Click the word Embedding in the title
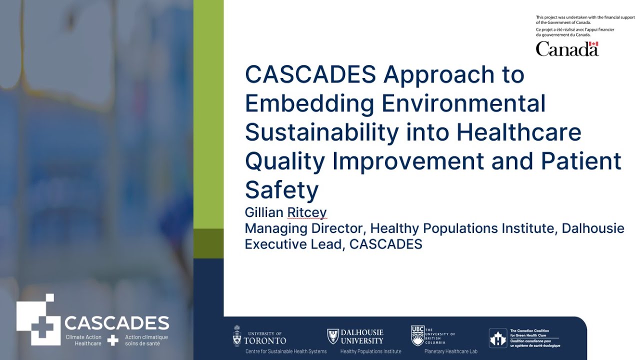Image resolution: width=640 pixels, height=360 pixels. (309, 104)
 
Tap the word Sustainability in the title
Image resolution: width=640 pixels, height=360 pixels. (321, 132)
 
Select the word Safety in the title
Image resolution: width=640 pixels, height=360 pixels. (281, 190)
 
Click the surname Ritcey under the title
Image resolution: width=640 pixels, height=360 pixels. (307, 212)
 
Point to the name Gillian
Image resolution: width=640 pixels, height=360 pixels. (264, 212)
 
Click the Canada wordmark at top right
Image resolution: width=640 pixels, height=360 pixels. (567, 49)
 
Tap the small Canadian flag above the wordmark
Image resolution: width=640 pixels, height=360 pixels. (593, 44)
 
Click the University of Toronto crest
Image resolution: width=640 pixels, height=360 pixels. (237, 336)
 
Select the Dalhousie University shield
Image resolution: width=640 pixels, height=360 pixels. (332, 336)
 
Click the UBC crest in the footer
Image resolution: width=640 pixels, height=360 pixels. (417, 335)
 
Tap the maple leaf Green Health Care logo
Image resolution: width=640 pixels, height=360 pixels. (497, 338)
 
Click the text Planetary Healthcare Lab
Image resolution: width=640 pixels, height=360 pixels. (450, 351)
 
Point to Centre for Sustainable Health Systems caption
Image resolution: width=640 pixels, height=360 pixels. (285, 351)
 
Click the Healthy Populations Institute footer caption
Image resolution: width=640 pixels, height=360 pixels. (370, 351)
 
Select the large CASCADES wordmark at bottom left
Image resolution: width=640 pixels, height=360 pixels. (116, 323)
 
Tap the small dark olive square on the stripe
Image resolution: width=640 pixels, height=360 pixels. (208, 243)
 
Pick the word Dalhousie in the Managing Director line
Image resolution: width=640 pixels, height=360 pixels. (592, 228)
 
